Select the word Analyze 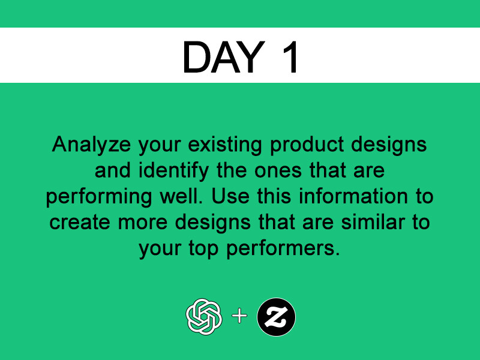coord(91,145)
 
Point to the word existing coord(225,145)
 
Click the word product coord(307,145)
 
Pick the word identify coord(173,171)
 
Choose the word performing coord(99,197)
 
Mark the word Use coord(230,197)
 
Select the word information coord(353,197)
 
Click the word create coord(80,223)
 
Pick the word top coord(203,248)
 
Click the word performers coord(283,248)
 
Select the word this coord(274,197)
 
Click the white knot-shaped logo coord(204,317)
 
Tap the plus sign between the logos coord(239,316)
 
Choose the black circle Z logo coord(277,317)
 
